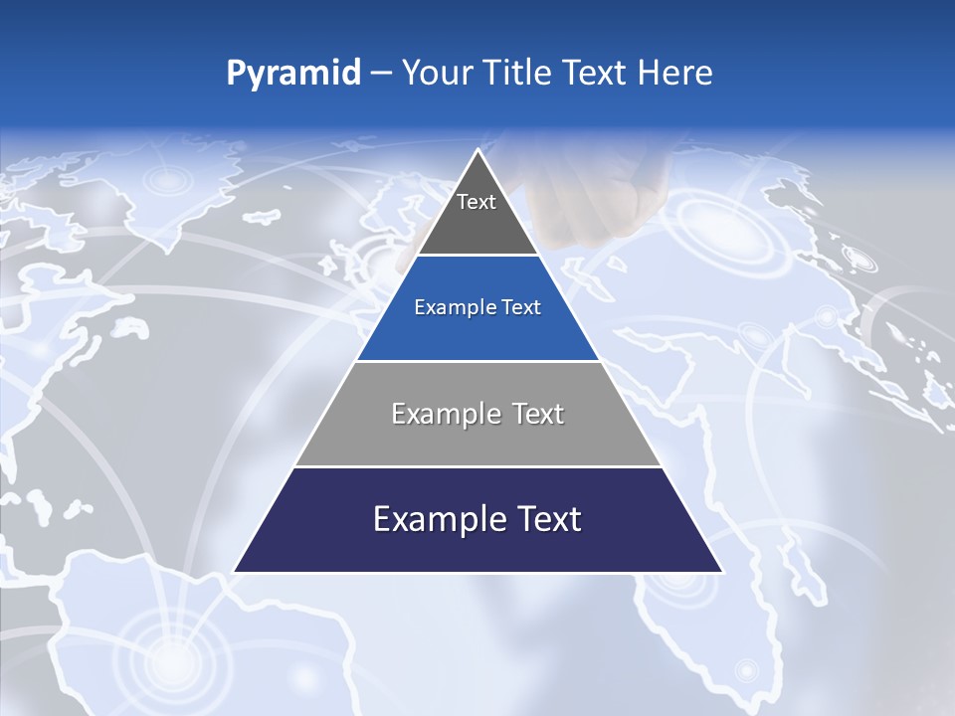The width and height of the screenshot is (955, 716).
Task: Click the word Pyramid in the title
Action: (292, 74)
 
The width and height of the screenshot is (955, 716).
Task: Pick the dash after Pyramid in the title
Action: (381, 74)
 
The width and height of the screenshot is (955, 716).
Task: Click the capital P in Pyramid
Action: (236, 73)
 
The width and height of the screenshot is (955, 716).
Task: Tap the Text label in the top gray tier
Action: (477, 202)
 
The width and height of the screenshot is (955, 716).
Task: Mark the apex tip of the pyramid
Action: (478, 149)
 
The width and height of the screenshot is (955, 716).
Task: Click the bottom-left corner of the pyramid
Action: (235, 572)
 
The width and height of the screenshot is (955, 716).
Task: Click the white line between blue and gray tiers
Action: (477, 361)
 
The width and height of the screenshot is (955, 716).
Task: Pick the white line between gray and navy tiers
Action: (477, 466)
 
